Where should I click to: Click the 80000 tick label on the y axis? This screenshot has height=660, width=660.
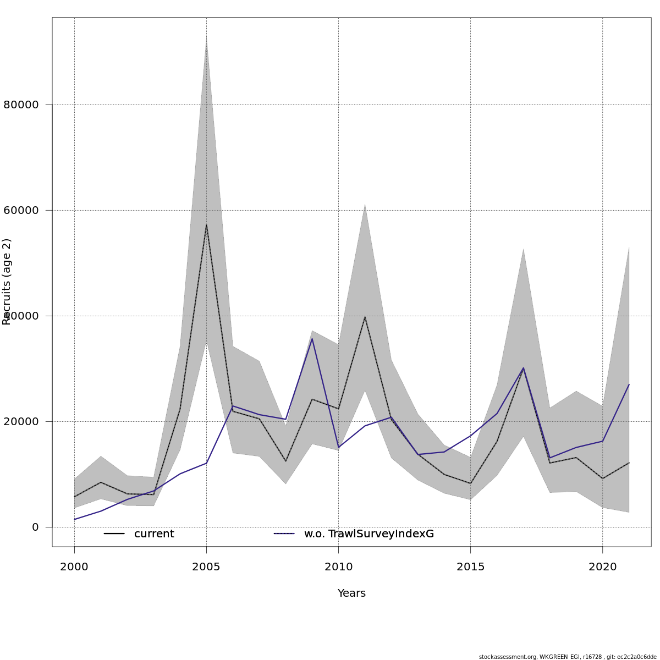click(21, 105)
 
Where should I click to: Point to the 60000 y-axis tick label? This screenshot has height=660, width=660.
click(21, 210)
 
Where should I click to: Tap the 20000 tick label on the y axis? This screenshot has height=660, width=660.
click(21, 421)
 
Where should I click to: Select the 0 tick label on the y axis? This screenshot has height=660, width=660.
click(35, 527)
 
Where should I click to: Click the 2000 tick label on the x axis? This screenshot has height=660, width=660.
click(74, 566)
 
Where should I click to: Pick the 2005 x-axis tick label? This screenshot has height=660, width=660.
click(206, 566)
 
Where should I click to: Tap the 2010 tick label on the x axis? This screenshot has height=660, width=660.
click(338, 566)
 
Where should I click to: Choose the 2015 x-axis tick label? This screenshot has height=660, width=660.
click(470, 566)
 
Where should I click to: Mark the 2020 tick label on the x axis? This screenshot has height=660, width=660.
click(603, 566)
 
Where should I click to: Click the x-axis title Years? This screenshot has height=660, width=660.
click(351, 593)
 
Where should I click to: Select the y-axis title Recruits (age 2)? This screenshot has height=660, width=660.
click(7, 282)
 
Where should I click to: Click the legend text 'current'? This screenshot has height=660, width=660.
click(154, 534)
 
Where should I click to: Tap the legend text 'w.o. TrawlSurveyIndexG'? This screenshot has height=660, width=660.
click(369, 534)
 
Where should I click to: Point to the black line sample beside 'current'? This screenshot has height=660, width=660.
click(114, 534)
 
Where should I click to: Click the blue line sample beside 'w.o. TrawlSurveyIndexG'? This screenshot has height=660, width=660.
click(284, 534)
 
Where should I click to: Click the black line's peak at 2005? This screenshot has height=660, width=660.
click(206, 224)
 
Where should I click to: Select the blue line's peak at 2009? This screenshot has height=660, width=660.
click(312, 338)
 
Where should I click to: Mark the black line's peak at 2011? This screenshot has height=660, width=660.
click(365, 316)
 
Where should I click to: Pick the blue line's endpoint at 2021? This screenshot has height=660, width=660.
click(629, 384)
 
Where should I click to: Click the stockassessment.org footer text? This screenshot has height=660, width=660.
click(568, 657)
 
